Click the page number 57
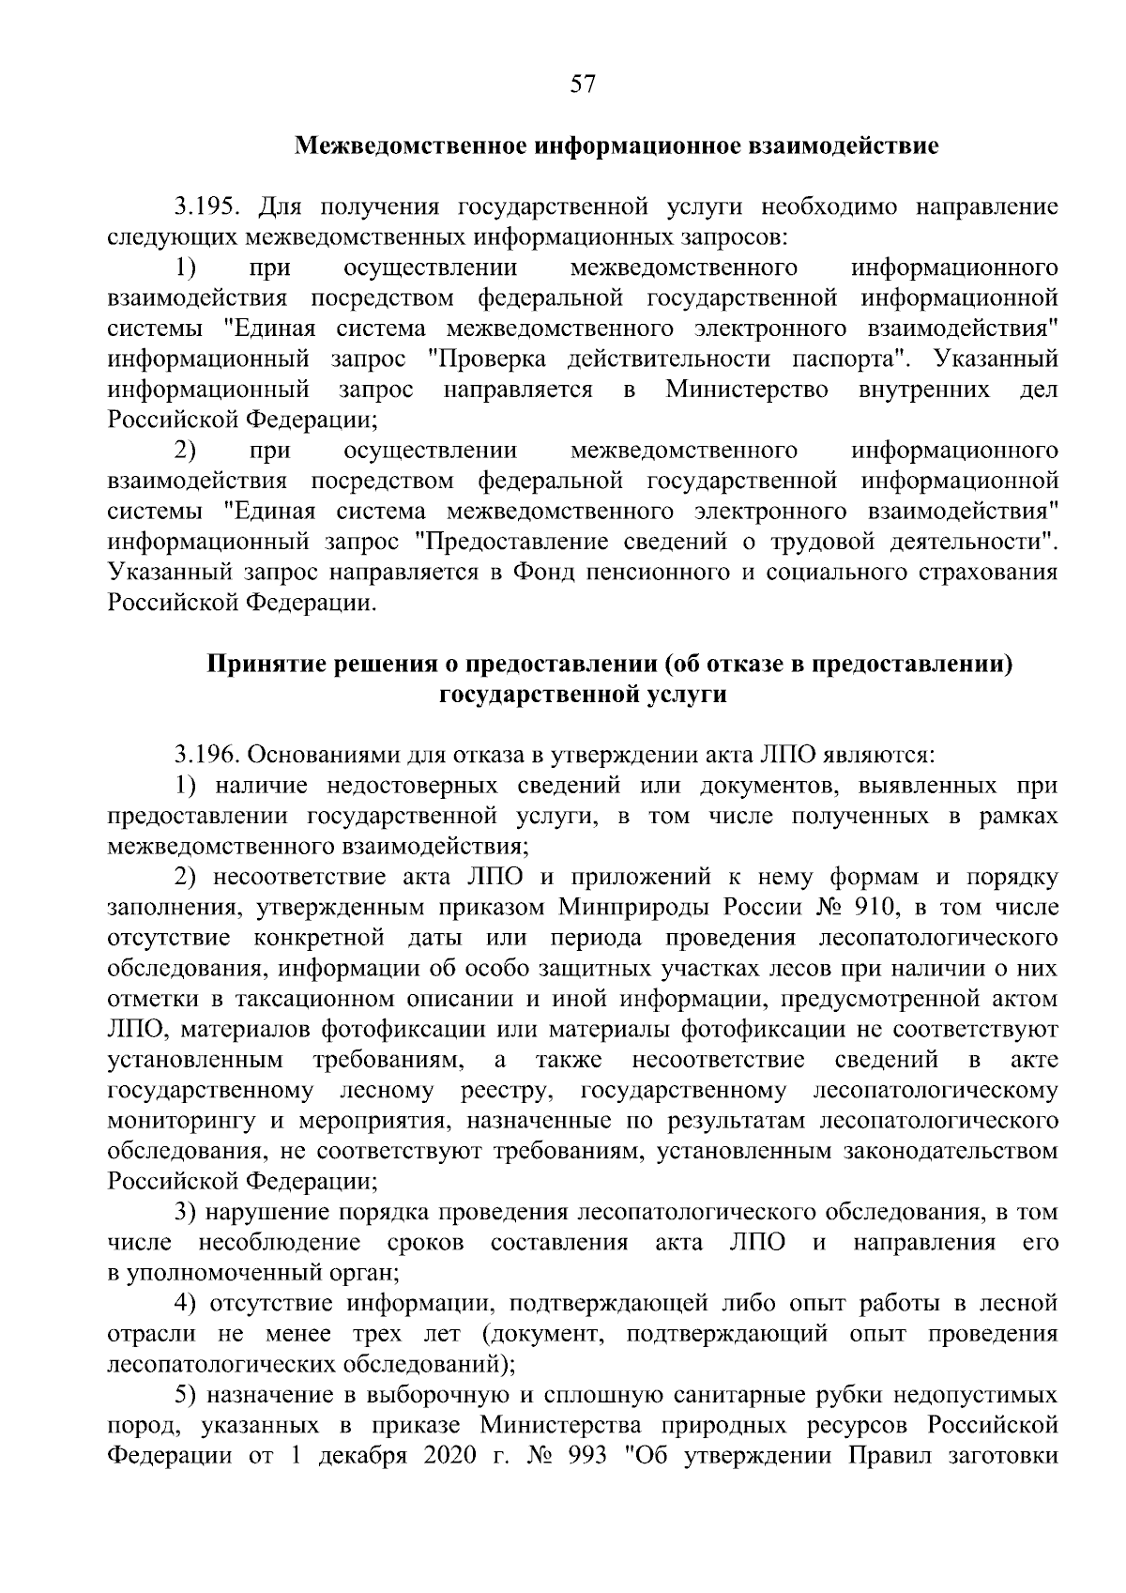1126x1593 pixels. [582, 84]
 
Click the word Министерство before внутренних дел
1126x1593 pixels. [747, 390]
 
